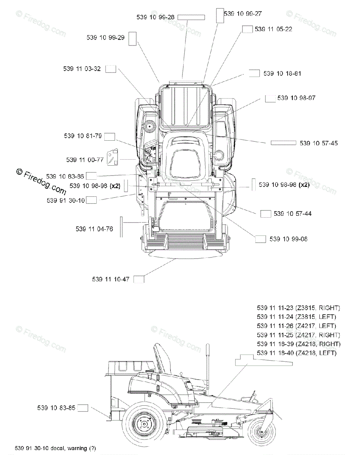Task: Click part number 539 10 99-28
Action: [156, 17]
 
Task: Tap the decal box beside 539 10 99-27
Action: [220, 15]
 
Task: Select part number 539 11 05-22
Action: [273, 29]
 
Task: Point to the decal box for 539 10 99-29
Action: [132, 39]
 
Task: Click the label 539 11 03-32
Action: [82, 69]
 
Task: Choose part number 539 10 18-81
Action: [282, 73]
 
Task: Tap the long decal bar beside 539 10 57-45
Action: [283, 143]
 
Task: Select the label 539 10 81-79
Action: [83, 136]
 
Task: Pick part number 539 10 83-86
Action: [65, 176]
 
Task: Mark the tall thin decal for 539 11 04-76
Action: [121, 227]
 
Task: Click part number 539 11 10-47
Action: [110, 279]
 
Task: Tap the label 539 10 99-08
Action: [288, 239]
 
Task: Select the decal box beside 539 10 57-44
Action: [266, 214]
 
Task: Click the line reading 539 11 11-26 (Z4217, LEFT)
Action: [296, 326]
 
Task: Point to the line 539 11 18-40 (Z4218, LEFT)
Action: [297, 353]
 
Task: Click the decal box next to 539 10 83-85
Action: [83, 408]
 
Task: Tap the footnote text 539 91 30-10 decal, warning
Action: [55, 448]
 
